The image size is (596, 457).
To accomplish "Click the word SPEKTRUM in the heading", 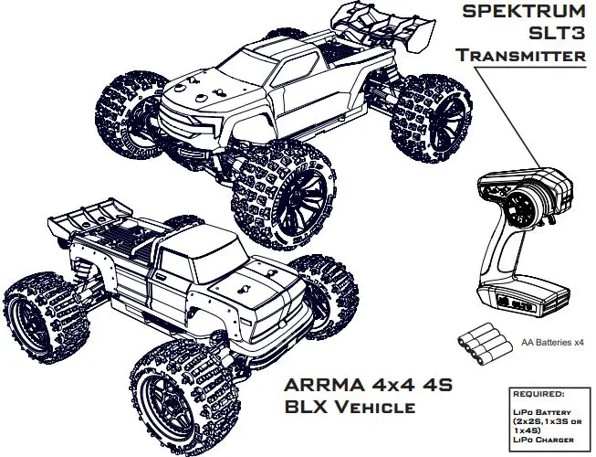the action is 524,11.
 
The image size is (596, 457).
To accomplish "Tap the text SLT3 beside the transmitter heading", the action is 558,33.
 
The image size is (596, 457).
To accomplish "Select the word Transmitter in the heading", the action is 521,55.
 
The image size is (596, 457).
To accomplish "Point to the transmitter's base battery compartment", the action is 524,299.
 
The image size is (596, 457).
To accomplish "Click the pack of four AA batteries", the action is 483,344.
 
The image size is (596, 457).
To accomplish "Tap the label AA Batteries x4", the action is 552,343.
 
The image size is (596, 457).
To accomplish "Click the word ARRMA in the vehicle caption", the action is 324,386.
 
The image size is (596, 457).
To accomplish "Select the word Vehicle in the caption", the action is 375,407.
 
